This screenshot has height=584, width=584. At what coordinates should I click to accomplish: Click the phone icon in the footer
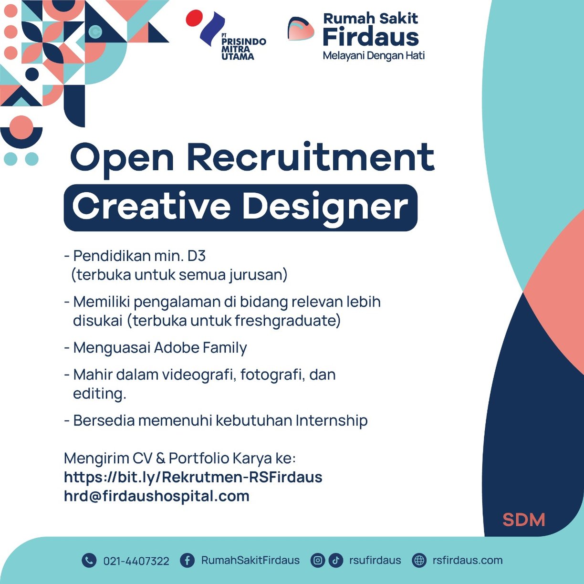tap(89, 560)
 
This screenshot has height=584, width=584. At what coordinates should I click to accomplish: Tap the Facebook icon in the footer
tap(188, 560)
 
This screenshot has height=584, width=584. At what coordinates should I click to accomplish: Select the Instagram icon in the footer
tap(318, 560)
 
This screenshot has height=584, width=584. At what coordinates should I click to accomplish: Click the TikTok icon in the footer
tap(336, 560)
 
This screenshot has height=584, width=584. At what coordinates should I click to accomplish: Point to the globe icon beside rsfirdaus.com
tap(419, 560)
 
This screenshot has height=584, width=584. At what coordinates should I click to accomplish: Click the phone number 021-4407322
tap(136, 561)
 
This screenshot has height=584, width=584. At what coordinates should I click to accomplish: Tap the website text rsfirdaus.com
tap(468, 560)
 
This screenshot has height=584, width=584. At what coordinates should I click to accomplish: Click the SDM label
tap(524, 520)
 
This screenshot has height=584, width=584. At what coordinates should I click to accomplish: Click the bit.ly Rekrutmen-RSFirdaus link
tap(193, 477)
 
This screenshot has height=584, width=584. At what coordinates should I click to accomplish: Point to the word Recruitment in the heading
tap(311, 158)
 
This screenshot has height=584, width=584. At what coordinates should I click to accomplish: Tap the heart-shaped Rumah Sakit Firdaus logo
tap(300, 29)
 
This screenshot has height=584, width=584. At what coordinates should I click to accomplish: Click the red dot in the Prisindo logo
tap(194, 18)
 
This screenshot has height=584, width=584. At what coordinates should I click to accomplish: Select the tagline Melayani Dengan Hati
tap(374, 56)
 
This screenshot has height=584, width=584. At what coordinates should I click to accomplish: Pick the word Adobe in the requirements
tap(176, 347)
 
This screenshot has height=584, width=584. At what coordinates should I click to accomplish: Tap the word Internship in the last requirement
tap(332, 421)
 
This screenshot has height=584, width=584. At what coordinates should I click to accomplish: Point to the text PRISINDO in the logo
tap(244, 42)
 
